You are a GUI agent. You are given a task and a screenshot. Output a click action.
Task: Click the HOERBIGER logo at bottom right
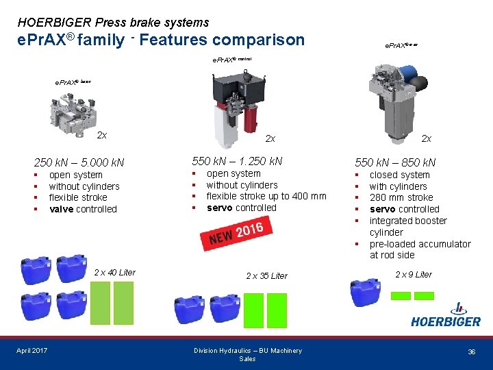(x=445, y=315)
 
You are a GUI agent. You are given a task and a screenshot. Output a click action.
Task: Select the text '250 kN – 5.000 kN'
(x=79, y=162)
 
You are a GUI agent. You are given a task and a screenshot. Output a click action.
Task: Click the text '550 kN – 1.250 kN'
(x=237, y=161)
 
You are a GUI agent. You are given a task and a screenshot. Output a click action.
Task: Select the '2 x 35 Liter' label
(x=266, y=275)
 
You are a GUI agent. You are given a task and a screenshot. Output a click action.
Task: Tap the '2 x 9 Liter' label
(x=414, y=274)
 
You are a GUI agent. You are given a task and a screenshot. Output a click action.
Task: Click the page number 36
(x=471, y=351)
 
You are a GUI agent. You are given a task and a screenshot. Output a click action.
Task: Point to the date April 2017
(x=32, y=351)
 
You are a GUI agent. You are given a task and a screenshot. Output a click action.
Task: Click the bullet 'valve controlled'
(x=83, y=209)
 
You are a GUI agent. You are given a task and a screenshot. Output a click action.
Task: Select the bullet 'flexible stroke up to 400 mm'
(x=266, y=196)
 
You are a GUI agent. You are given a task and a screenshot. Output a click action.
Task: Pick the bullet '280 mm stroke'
(x=401, y=197)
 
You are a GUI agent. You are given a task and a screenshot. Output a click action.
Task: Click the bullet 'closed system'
(x=399, y=175)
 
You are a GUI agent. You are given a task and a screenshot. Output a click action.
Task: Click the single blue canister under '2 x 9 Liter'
(x=364, y=293)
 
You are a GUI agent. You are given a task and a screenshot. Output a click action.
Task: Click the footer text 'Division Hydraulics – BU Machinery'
(x=247, y=351)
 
